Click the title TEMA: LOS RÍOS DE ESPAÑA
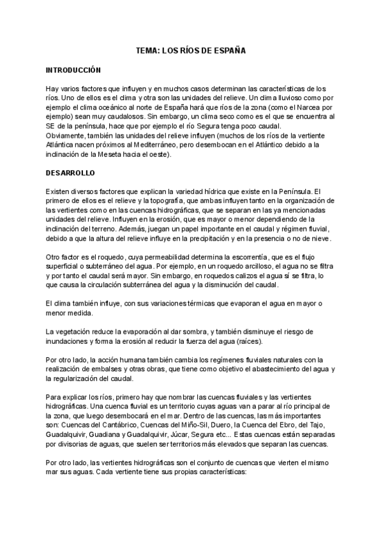(191, 48)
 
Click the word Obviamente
(66, 137)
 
